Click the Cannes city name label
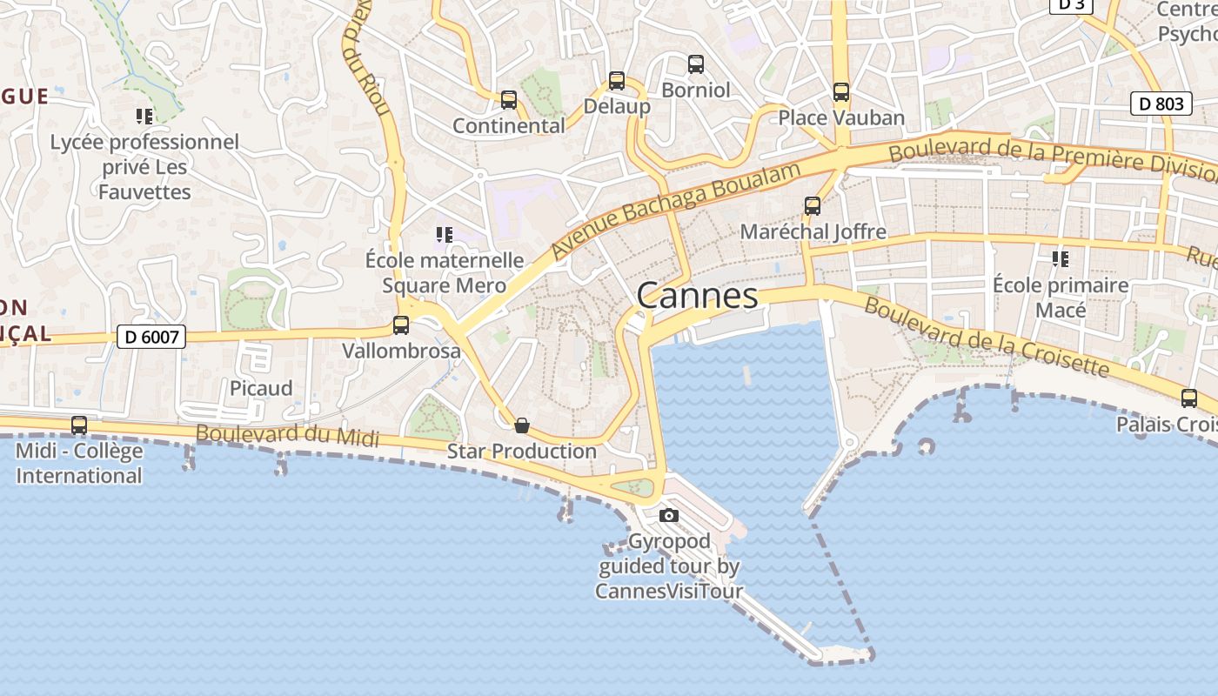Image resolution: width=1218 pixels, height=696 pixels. coord(697,296)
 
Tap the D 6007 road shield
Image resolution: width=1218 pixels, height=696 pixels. coord(151,336)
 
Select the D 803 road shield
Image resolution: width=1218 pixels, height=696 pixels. coord(1161,104)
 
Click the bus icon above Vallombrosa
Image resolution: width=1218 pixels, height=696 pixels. coord(401,325)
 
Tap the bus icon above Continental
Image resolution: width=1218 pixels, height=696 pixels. coord(509,100)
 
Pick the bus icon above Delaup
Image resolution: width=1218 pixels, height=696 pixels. coord(617,81)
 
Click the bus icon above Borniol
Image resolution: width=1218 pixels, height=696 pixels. coord(696,64)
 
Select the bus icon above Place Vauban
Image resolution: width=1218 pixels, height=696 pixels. coord(840,91)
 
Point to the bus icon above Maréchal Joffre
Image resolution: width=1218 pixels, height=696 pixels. coord(813,206)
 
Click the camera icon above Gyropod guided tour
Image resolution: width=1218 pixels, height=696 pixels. coord(668,515)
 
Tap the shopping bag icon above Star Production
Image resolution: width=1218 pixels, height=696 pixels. coord(522,425)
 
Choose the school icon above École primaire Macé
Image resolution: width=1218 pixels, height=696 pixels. coord(1061,258)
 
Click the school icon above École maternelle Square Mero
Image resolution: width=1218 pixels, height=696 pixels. coord(445,235)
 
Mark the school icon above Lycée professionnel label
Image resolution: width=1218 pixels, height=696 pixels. coord(144,116)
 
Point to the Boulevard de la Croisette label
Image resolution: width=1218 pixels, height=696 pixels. coord(987,338)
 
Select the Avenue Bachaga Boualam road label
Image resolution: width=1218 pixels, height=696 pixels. coord(675,210)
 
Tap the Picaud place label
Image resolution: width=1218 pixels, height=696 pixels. coord(261,388)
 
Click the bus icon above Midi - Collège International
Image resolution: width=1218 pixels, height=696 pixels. coord(79,425)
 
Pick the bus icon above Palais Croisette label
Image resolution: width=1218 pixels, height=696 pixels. coord(1189,398)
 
